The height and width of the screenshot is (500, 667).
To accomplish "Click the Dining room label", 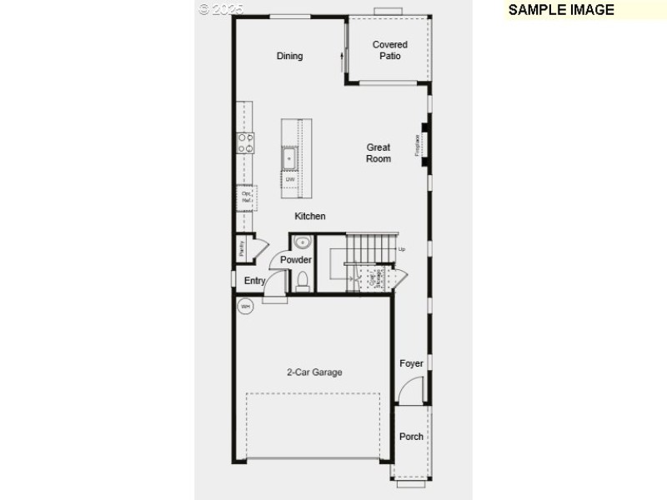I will coord(290,56).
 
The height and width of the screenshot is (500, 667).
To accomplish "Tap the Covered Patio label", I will coord(390,50).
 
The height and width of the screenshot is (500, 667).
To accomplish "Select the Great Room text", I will coord(379,153).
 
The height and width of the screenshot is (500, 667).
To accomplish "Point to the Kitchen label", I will coord(310,217).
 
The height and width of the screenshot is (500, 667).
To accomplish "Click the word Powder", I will coord(296,260).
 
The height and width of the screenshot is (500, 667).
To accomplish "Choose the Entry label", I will coord(255,281).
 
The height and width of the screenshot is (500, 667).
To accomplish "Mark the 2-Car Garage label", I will coord(314,372).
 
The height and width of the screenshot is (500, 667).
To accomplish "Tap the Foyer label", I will coord(411,363).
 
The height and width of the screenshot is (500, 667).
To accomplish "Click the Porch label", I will coord(411,437).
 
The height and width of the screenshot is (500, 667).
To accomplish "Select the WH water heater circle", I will coord(245,307).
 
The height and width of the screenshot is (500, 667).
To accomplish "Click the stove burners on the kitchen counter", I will coord(246,142).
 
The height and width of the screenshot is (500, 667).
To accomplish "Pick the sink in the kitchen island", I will coord(290,156).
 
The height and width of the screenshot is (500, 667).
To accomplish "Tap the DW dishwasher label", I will coord(290,179).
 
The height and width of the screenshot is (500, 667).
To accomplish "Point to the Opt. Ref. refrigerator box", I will coord(246,197).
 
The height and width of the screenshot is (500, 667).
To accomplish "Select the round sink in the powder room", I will coord(302,242).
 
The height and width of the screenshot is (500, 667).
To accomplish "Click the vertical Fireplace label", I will coord(418,145).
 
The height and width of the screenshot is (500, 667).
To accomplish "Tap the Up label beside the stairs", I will coord(402,249).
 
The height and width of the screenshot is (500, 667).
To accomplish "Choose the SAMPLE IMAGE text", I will coord(561,10).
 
